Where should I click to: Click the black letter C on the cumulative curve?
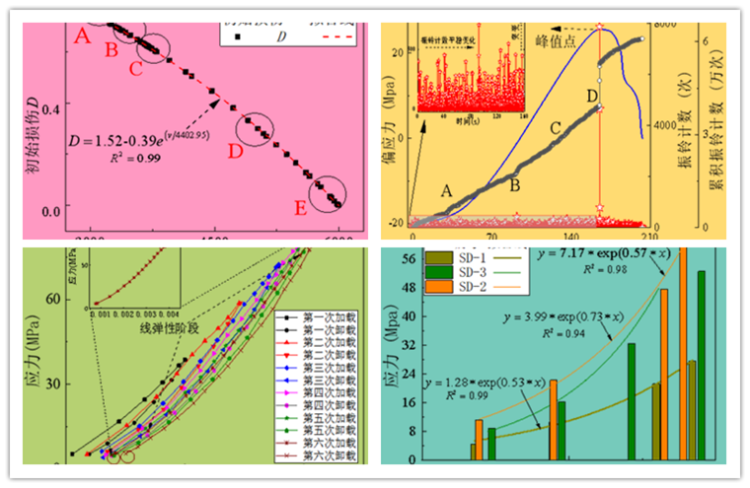555,128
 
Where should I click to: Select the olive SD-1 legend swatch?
406,258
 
